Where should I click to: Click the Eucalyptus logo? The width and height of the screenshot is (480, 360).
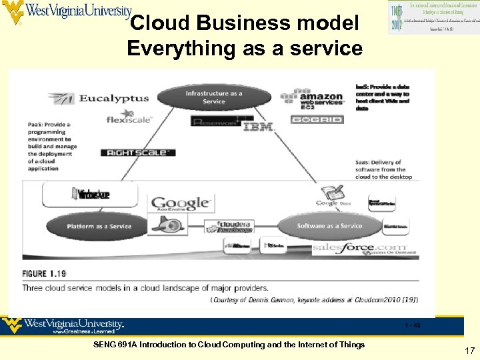[x=99, y=99]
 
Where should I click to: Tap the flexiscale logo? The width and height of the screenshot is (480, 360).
[x=130, y=120]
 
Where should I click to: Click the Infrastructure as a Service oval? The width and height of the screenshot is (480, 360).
[x=214, y=97]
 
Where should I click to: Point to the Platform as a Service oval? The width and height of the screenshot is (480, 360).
[x=99, y=227]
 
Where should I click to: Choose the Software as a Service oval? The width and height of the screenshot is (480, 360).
[x=329, y=226]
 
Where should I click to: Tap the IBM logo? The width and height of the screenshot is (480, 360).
[x=258, y=126]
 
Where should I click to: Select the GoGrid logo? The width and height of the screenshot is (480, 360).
[x=317, y=120]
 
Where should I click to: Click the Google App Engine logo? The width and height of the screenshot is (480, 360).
[x=180, y=204]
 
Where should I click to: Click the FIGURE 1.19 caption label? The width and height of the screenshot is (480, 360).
[x=44, y=274]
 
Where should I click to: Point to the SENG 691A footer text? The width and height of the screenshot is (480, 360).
[x=229, y=345]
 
